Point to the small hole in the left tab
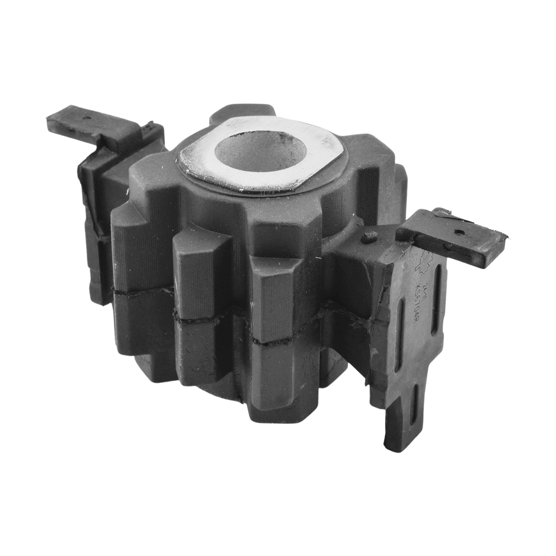(x=85, y=118)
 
